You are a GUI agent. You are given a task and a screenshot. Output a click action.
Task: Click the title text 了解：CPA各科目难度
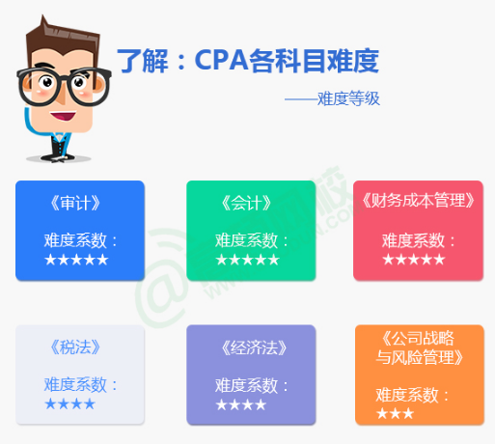point(247,61)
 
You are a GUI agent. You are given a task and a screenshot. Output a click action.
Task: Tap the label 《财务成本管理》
point(417,201)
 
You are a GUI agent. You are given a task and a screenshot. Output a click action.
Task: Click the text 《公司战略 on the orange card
point(418,338)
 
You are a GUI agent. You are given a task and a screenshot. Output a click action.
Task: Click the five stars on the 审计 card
point(76,259)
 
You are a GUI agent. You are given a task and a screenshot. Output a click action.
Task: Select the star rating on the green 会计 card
point(247,259)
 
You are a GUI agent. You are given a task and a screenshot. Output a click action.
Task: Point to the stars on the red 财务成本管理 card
point(414,259)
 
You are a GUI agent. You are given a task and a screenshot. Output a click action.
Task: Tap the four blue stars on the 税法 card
point(70,403)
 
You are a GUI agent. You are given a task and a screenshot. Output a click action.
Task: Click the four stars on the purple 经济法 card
point(240,403)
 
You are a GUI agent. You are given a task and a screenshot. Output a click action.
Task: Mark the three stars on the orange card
point(396,413)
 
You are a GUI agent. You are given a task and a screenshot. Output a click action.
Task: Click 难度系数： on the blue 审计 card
point(81,240)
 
